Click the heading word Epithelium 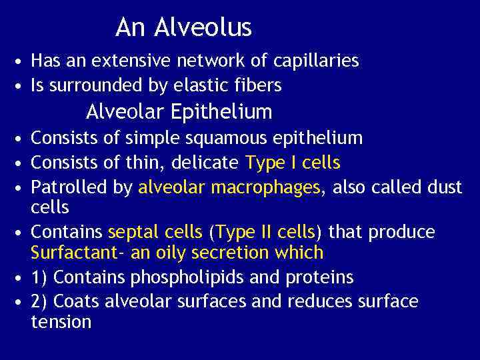click(221, 111)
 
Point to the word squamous click(192, 138)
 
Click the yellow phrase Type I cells click(293, 162)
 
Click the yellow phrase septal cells click(155, 232)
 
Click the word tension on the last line click(61, 323)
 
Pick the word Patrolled click(69, 187)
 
